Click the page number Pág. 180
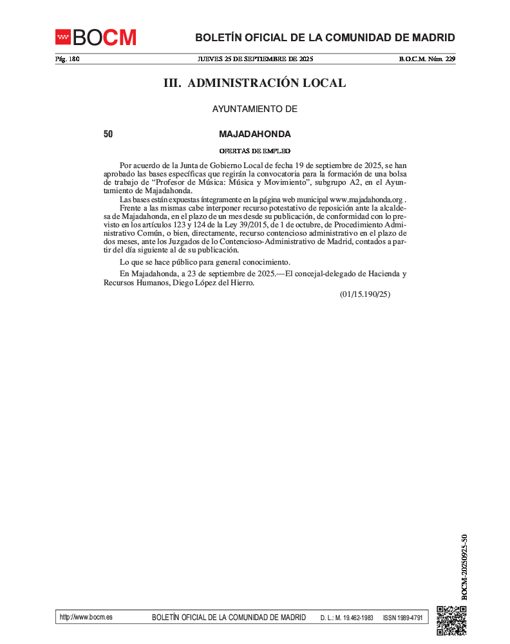click(67, 59)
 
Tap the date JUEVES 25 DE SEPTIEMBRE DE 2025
click(255, 59)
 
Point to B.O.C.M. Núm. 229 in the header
click(427, 59)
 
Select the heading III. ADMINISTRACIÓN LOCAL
click(254, 83)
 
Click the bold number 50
click(108, 135)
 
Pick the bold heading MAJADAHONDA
click(255, 135)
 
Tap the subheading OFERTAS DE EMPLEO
click(255, 151)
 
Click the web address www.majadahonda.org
click(366, 200)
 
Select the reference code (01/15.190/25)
click(365, 294)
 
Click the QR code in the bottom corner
click(451, 621)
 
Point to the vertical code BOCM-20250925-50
click(464, 567)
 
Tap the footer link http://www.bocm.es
click(86, 617)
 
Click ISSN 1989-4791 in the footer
click(402, 618)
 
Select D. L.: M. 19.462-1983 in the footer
click(346, 618)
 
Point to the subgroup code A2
click(350, 183)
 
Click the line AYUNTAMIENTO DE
click(255, 109)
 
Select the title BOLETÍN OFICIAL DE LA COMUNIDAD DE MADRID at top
click(325, 37)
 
